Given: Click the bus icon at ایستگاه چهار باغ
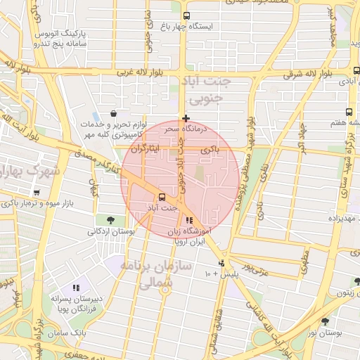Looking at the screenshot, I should click(186, 15).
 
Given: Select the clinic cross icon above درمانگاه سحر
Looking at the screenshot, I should click(185, 118).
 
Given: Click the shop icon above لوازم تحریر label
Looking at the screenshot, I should click(114, 113).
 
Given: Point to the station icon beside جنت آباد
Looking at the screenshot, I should click(162, 197).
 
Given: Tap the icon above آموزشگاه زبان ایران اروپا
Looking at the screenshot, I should click(188, 221).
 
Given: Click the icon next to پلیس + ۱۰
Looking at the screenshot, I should click(222, 264).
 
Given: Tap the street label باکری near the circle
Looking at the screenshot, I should click(210, 150).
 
